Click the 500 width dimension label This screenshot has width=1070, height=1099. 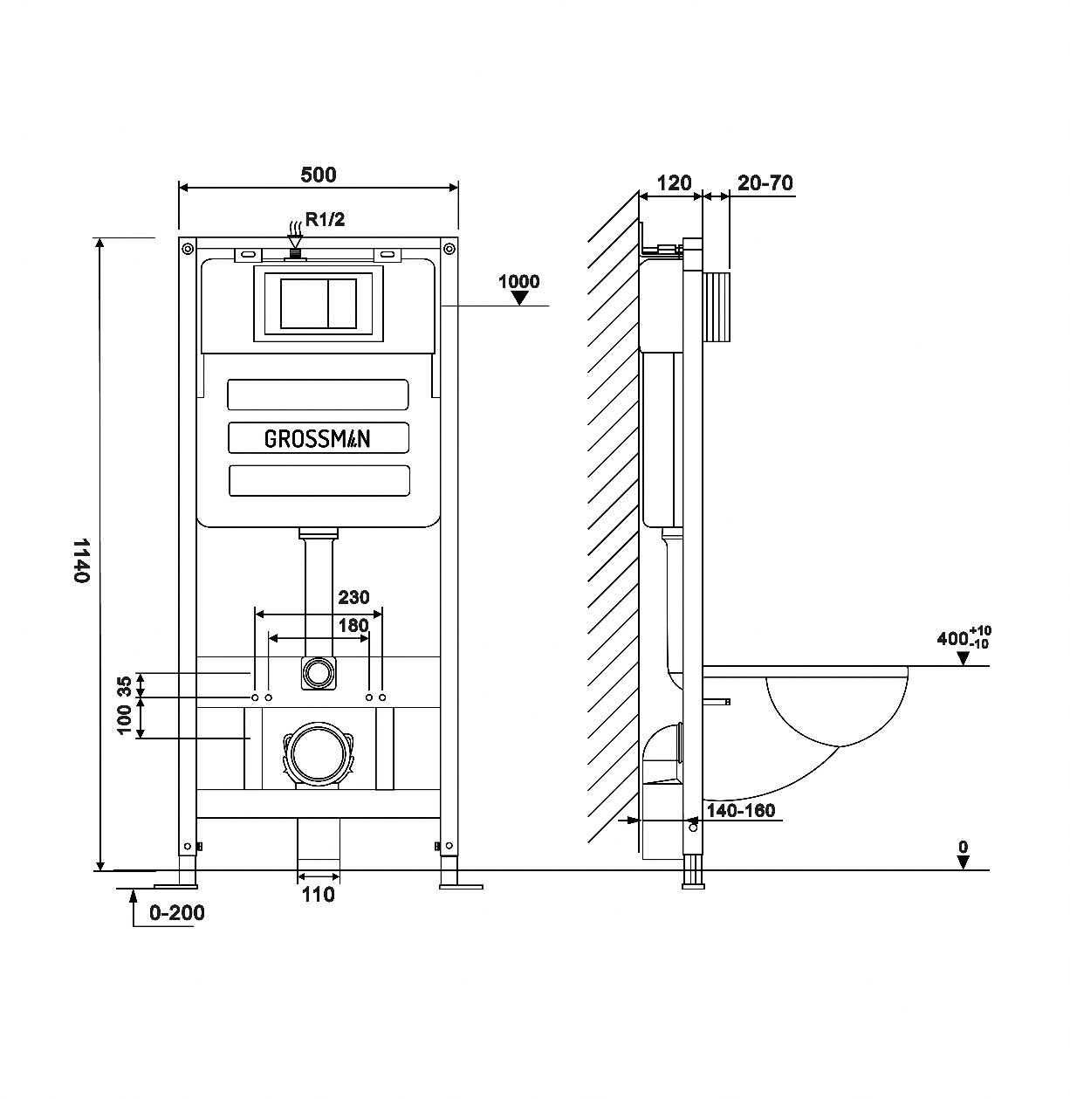pyautogui.click(x=318, y=175)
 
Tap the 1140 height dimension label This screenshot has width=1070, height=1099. pyautogui.click(x=82, y=560)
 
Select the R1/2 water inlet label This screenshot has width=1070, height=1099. pyautogui.click(x=325, y=219)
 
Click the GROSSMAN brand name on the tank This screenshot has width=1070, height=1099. pyautogui.click(x=318, y=439)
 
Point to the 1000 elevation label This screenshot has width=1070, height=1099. pyautogui.click(x=518, y=281)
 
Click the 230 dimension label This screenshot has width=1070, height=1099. pyautogui.click(x=353, y=597)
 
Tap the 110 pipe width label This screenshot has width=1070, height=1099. pyautogui.click(x=318, y=895)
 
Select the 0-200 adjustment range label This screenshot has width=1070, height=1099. pyautogui.click(x=177, y=913)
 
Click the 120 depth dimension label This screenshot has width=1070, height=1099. pyautogui.click(x=674, y=183)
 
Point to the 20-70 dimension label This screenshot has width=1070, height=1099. pyautogui.click(x=765, y=183)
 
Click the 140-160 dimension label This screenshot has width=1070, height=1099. pyautogui.click(x=741, y=810)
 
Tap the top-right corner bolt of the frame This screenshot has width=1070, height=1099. pyautogui.click(x=449, y=248)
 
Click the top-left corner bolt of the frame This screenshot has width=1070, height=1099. pyautogui.click(x=188, y=248)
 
